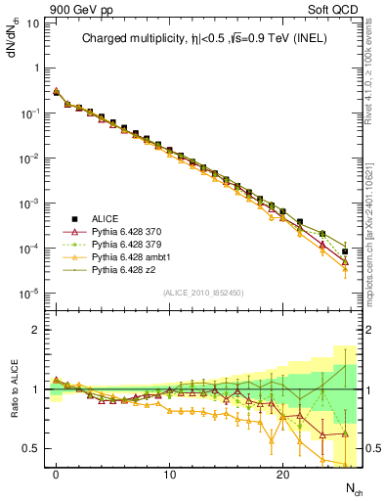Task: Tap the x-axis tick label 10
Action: pyautogui.click(x=170, y=475)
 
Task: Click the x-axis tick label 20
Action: pyautogui.click(x=283, y=475)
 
